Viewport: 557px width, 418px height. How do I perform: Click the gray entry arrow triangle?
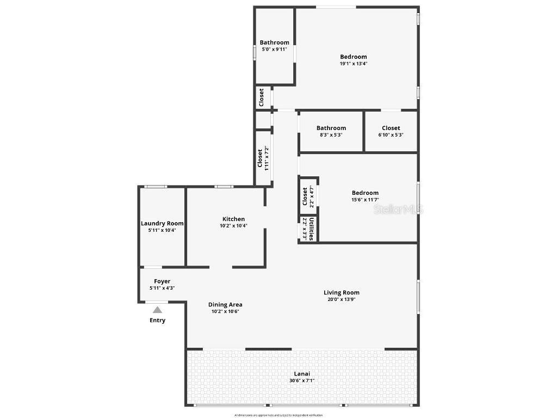point(157,310)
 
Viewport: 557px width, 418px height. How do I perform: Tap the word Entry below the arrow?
point(157,321)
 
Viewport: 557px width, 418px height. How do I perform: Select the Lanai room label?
point(302,374)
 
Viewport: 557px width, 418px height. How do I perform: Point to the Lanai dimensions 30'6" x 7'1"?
point(302,381)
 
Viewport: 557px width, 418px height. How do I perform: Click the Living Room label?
point(342,293)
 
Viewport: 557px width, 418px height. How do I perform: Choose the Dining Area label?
point(225,305)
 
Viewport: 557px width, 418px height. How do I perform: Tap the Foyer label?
point(162,281)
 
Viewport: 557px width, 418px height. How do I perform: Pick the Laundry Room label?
point(162,223)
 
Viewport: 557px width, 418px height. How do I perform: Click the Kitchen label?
point(233,219)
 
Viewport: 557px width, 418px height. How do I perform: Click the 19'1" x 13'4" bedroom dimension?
point(354,64)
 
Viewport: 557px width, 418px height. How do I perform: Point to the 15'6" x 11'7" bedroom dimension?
point(365,200)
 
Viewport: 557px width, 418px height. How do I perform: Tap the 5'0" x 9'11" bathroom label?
point(274,49)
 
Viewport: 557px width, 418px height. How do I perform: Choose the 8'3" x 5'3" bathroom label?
point(331,135)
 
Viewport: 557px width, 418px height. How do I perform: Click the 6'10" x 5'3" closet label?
point(391,135)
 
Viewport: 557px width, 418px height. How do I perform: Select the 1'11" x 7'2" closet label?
point(267,159)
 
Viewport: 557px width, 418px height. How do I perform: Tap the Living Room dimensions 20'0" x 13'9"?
point(342,299)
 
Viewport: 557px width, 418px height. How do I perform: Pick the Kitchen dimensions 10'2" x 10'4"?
point(233,226)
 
